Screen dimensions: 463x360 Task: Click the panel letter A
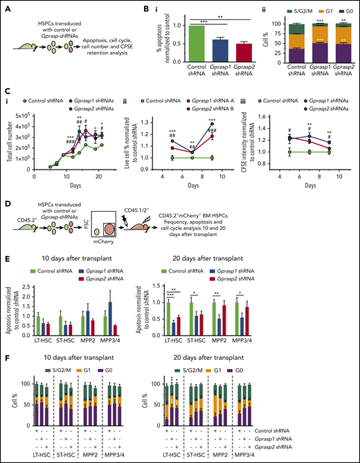[7, 8]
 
